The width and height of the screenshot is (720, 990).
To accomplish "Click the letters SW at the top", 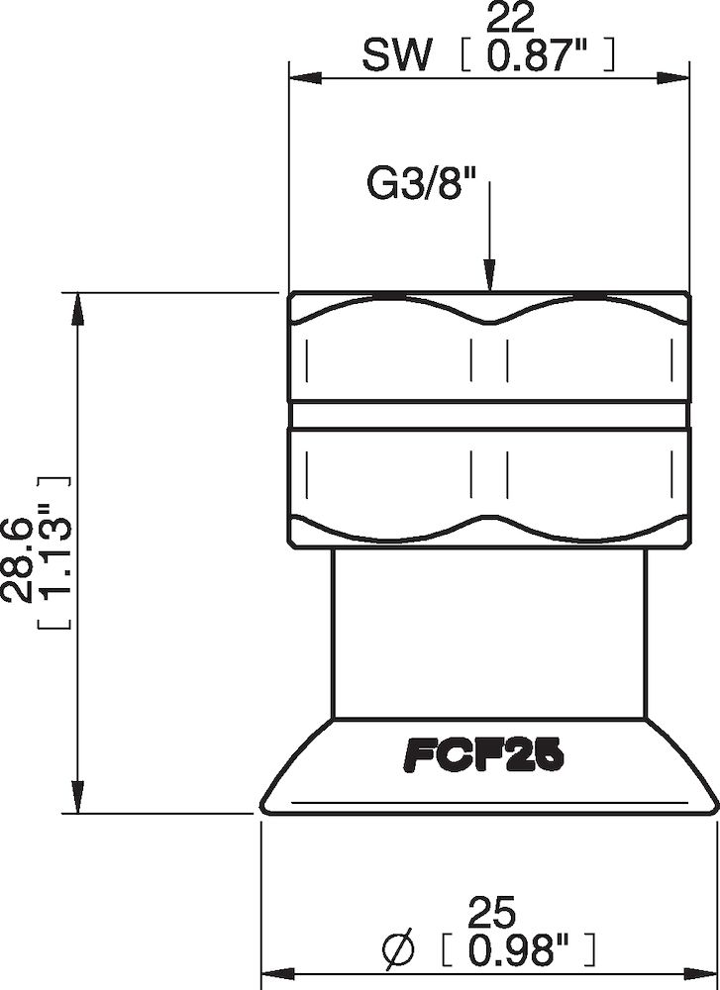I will click(397, 57).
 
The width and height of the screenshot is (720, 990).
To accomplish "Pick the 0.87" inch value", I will click(539, 57).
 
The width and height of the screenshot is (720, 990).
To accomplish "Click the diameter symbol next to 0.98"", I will click(395, 953).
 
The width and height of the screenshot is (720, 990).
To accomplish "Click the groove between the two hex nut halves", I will click(488, 414).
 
